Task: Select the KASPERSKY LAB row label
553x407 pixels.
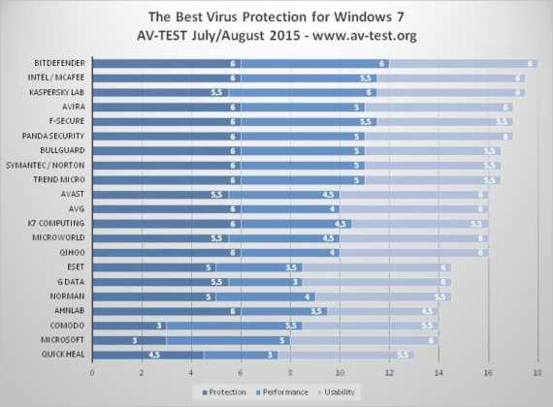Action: (56, 92)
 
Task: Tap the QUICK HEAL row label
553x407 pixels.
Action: (62, 355)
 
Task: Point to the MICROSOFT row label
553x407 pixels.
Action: (62, 340)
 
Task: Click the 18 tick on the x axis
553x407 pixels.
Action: (537, 371)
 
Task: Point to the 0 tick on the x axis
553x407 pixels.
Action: (92, 371)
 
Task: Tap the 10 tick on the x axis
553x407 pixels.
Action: (340, 371)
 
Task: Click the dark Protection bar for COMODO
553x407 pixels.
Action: (129, 326)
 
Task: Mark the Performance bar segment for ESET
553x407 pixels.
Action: (259, 267)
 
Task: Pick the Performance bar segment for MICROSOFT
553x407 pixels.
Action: (228, 340)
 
